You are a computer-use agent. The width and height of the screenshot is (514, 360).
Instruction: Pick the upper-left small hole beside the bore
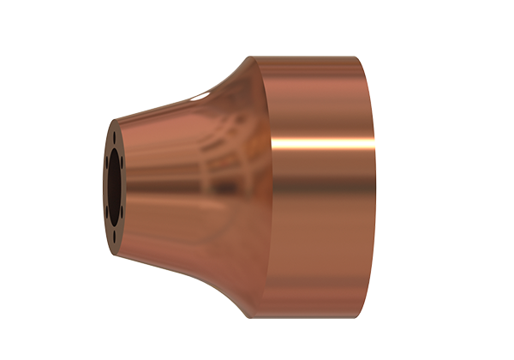tap(106, 161)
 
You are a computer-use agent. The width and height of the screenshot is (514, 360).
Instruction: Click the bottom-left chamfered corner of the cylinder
tap(251, 315)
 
